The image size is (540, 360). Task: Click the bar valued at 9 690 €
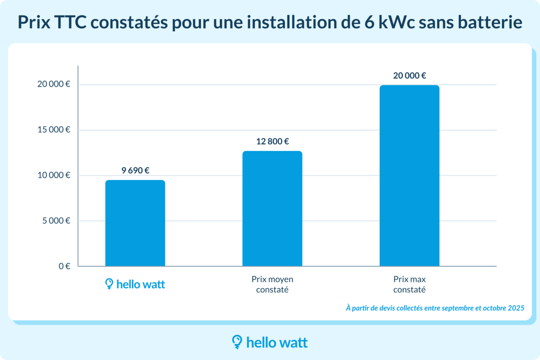coord(135,223)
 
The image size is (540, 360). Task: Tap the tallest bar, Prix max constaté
coord(409,175)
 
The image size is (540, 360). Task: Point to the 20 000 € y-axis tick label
coord(54,85)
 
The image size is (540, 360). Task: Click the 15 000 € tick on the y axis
coord(54,130)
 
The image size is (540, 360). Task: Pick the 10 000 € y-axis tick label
coord(54,175)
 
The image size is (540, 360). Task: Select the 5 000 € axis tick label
coord(56,221)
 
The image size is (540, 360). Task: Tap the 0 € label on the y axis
coord(64,266)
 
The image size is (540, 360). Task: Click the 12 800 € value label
coord(272,142)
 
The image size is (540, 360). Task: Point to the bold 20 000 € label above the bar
coord(409,76)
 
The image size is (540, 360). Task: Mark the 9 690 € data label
coord(135,171)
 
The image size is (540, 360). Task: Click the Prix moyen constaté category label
coord(272,284)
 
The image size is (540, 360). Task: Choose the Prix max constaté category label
coord(409,284)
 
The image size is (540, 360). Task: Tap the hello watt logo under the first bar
coord(135,284)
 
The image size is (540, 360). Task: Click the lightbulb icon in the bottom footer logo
coord(237,342)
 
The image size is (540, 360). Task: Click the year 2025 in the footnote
coord(515,308)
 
